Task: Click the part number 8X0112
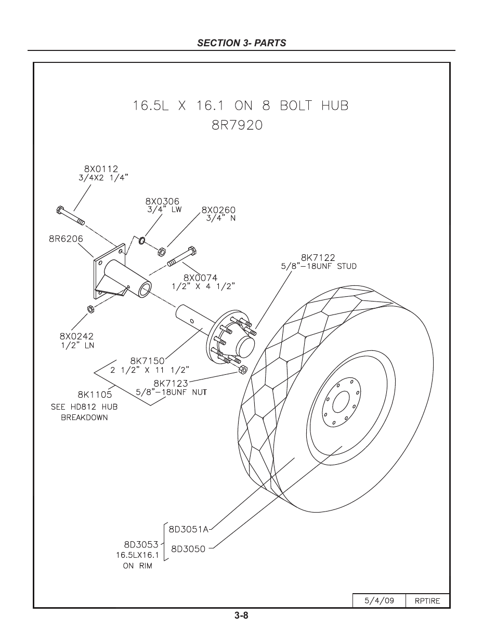point(101,169)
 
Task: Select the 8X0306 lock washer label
point(162,201)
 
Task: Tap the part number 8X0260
point(218,211)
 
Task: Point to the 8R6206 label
point(66,239)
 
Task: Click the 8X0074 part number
point(200,278)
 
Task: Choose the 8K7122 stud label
point(318,257)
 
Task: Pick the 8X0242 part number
point(76,336)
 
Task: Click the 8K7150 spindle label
point(147,361)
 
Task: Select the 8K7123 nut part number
point(171,384)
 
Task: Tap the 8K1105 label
point(95,395)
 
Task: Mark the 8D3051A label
point(188,529)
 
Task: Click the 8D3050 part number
point(188,549)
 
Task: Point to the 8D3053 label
point(141,545)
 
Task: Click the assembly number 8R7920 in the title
point(237,125)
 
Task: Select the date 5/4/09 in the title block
point(379,600)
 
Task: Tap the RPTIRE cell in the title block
point(427,600)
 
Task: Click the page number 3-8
point(241,616)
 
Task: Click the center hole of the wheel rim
point(341,402)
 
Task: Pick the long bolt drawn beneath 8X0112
point(70,215)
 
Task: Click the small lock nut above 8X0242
point(89,309)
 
